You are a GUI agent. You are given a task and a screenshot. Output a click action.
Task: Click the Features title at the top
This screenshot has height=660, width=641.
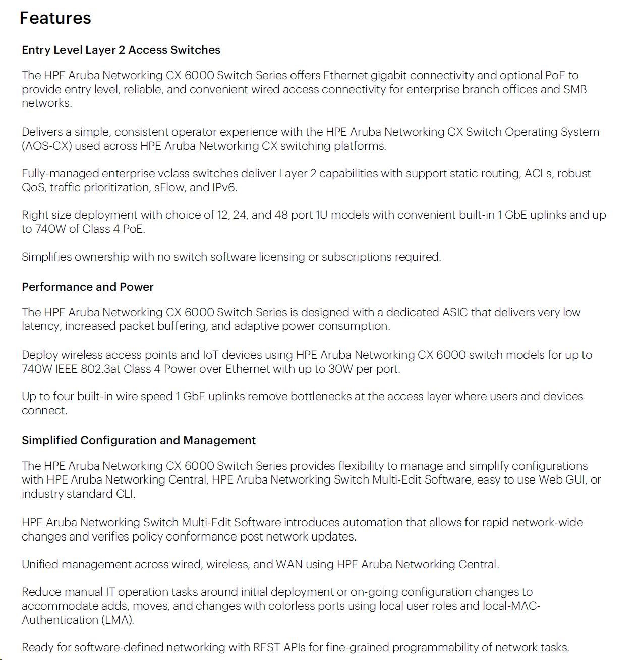[x=55, y=18]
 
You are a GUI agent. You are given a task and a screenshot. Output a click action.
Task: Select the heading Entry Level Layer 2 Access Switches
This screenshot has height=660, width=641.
[x=121, y=50]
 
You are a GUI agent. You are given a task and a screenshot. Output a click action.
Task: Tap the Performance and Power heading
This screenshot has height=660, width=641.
[x=87, y=287]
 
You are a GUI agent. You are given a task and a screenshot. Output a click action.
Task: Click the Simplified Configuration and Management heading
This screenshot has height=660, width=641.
[x=139, y=440]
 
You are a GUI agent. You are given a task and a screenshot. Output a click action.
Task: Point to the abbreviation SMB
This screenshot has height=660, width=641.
[x=575, y=89]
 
